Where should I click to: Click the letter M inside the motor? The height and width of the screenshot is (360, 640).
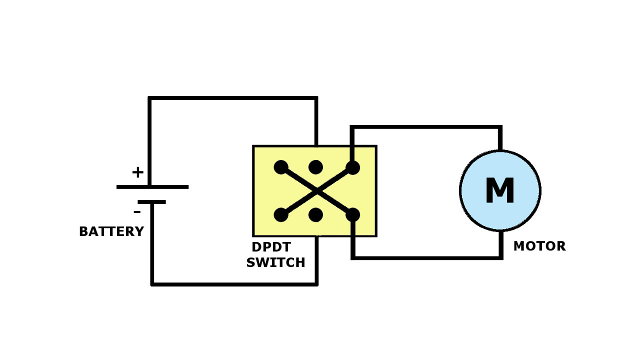click(499, 191)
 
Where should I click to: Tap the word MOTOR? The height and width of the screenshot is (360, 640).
click(539, 246)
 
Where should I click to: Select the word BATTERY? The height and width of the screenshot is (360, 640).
click(111, 232)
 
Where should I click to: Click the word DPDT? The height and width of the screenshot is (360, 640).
click(271, 247)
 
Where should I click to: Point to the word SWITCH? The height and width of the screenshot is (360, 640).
click(275, 263)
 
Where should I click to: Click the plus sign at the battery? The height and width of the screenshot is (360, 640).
click(137, 172)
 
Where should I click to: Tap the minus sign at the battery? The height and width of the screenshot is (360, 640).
click(137, 212)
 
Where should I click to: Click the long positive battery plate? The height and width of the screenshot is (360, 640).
click(152, 187)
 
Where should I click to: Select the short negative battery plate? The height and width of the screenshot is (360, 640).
click(151, 202)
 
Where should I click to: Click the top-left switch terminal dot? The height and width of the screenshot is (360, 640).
click(281, 167)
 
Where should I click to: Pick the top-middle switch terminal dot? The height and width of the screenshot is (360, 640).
click(315, 167)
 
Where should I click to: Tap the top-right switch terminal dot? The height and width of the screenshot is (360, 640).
click(352, 167)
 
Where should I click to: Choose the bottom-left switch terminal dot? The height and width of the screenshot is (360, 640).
click(281, 215)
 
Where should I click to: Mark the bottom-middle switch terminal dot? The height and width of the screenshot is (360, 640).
click(315, 215)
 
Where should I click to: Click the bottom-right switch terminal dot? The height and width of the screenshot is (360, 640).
click(352, 215)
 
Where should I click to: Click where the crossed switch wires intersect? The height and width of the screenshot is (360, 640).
click(317, 191)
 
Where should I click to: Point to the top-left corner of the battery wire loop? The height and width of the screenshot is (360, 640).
click(150, 98)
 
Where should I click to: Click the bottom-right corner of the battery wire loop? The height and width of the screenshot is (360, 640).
click(316, 284)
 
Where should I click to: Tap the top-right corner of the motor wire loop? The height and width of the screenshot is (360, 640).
click(500, 127)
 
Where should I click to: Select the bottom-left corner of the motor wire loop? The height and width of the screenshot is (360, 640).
click(353, 257)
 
